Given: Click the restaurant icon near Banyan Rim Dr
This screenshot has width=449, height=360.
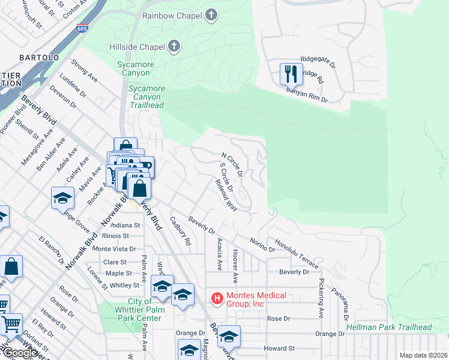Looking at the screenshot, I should [x=291, y=74].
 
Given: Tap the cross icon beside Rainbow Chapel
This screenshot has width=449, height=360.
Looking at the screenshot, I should [x=211, y=15].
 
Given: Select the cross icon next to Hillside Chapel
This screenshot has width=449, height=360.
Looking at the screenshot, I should [x=173, y=46].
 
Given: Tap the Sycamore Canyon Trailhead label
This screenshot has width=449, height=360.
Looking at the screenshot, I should [x=145, y=97].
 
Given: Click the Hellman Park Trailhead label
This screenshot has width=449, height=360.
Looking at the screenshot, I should [x=389, y=327].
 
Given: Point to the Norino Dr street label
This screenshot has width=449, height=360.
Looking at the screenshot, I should [x=262, y=244].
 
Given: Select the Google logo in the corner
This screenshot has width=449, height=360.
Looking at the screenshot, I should [x=20, y=353].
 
